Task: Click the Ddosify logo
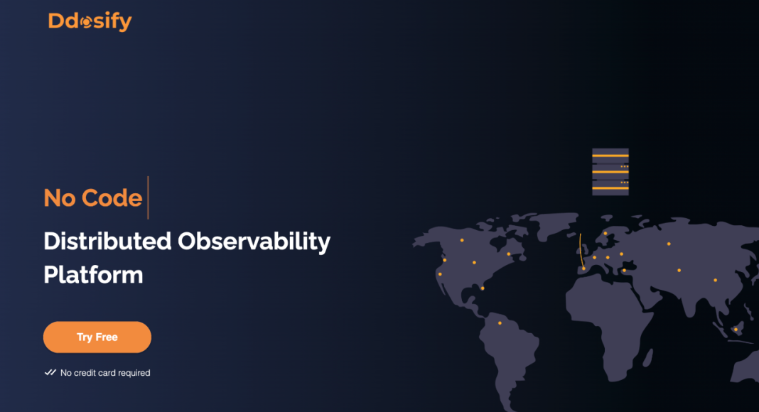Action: pos(90,21)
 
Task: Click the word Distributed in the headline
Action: pos(107,241)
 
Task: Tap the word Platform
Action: pos(93,275)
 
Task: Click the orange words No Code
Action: pos(93,197)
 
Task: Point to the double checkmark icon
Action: pos(50,372)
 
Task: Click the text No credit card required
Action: pos(105,373)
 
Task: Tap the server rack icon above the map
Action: pos(610,172)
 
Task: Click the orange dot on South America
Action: pos(500,323)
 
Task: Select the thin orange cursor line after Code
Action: pos(148,197)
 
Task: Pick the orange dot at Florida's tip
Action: pos(483,288)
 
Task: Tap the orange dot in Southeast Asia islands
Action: pos(736,330)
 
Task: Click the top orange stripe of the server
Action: pos(610,156)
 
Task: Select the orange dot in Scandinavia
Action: pos(605,234)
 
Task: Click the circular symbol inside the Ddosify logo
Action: pos(86,22)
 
